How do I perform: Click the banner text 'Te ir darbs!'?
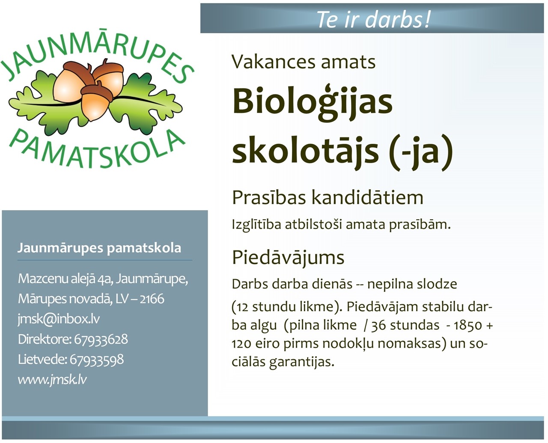pyautogui.click(x=373, y=19)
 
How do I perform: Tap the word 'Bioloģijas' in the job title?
pyautogui.click(x=312, y=102)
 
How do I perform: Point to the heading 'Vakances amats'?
pyautogui.click(x=304, y=62)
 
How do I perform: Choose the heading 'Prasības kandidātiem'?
pyautogui.click(x=328, y=198)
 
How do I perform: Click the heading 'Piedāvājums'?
pyautogui.click(x=288, y=258)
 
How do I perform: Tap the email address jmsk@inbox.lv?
pyautogui.click(x=59, y=319)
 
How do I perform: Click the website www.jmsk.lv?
pyautogui.click(x=52, y=380)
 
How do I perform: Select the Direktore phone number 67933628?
pyautogui.click(x=101, y=339)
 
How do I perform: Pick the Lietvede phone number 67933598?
pyautogui.click(x=97, y=360)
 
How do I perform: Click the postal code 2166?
pyautogui.click(x=152, y=299)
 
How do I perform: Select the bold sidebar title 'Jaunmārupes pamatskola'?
pyautogui.click(x=99, y=248)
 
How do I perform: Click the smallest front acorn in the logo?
pyautogui.click(x=96, y=102)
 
